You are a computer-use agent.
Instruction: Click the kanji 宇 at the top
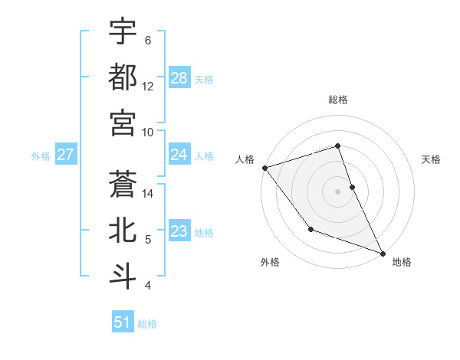pyautogui.click(x=123, y=33)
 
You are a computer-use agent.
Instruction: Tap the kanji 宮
pyautogui.click(x=123, y=123)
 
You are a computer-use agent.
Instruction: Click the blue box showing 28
pyautogui.click(x=179, y=78)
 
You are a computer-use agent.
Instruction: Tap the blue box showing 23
pyautogui.click(x=179, y=232)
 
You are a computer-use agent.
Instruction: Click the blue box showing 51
pyautogui.click(x=123, y=322)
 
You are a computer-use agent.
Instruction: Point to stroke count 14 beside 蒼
pyautogui.click(x=149, y=194)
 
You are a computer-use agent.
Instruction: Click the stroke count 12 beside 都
pyautogui.click(x=149, y=87)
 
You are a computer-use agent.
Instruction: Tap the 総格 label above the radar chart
pyautogui.click(x=338, y=100)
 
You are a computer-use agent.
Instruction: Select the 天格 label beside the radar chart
pyautogui.click(x=431, y=159)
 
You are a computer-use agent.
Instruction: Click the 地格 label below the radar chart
pyautogui.click(x=402, y=263)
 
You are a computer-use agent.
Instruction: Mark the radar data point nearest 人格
pyautogui.click(x=264, y=168)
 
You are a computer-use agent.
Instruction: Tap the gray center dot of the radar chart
pyautogui.click(x=338, y=191)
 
